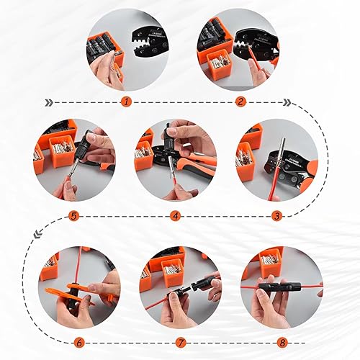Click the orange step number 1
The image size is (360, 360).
click(127, 102)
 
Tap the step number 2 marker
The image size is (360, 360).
click(240, 102)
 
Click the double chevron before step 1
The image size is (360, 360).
click(50, 102)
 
